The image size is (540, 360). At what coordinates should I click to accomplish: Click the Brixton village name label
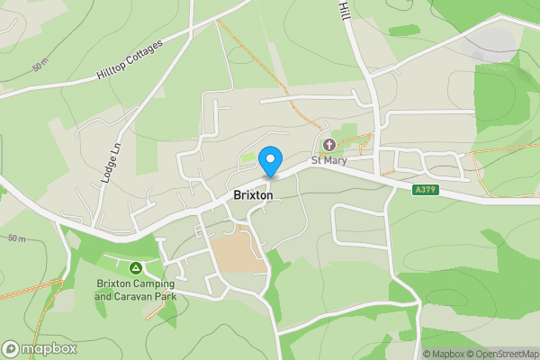click(x=252, y=195)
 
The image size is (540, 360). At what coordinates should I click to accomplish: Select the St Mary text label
click(x=328, y=161)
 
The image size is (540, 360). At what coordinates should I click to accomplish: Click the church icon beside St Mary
click(x=328, y=145)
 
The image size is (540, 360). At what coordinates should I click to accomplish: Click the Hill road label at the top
click(x=343, y=10)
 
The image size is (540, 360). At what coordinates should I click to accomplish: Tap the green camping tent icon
click(x=135, y=267)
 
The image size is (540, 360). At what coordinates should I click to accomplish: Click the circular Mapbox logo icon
click(x=11, y=348)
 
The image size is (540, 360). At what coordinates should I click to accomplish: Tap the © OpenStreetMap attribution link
click(x=502, y=354)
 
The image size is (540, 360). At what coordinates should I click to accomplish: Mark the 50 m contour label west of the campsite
click(x=16, y=238)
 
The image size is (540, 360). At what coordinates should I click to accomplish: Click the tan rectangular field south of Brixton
click(x=236, y=251)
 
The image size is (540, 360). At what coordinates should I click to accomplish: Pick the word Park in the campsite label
click(x=165, y=296)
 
